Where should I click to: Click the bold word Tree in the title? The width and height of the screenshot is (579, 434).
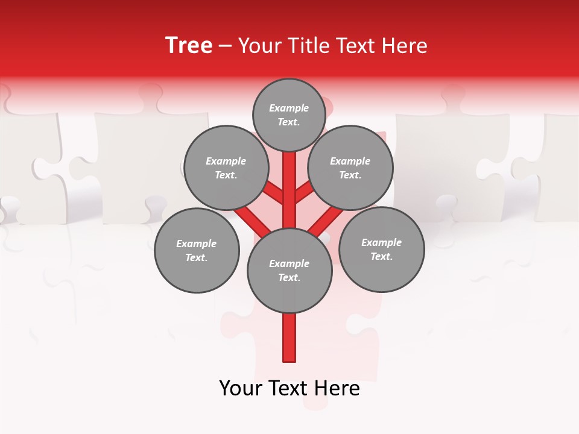coord(189,46)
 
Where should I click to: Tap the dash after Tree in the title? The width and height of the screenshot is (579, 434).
coord(225,46)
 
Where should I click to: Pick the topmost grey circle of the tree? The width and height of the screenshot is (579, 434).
coord(289,115)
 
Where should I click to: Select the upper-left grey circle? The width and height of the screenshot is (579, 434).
coord(226,168)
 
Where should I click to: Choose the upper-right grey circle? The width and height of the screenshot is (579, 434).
coord(350,168)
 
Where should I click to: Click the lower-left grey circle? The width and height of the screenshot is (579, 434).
coord(197,250)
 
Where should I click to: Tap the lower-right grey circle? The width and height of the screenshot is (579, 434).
coord(381,249)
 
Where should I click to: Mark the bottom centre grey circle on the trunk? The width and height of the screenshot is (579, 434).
coord(289,271)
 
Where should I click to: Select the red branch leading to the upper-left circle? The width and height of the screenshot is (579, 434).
coord(273,194)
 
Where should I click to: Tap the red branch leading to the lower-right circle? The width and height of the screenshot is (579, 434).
coord(326,221)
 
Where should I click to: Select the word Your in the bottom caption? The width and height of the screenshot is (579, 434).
coord(240,388)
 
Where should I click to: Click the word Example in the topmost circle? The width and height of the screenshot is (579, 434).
coord(289,108)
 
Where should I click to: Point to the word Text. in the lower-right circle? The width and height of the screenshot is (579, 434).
coord(381,256)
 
